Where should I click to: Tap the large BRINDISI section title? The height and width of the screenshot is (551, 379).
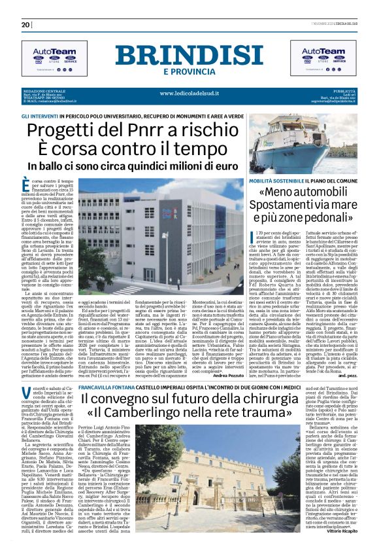coord(189,54)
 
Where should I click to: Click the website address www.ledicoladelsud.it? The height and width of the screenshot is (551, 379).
coord(189,92)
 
